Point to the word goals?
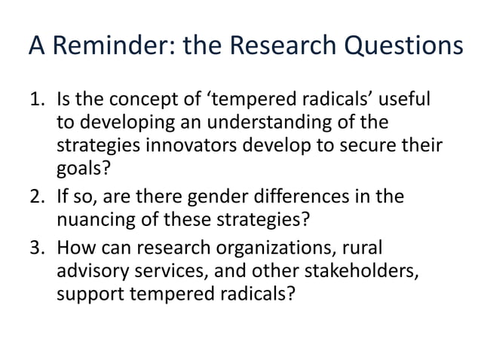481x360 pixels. [82, 173]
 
